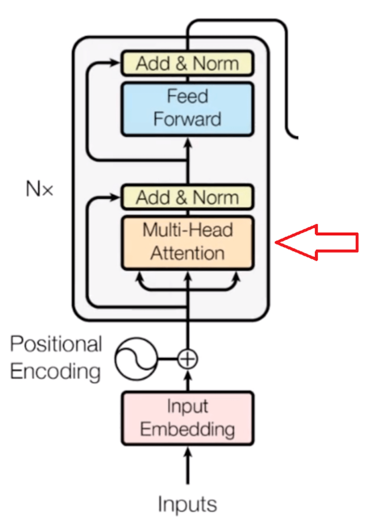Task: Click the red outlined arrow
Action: [318, 243]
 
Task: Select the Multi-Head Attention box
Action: [187, 243]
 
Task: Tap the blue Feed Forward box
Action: [187, 108]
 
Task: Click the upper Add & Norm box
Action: [187, 64]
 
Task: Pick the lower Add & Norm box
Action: [187, 197]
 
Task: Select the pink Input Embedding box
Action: [187, 418]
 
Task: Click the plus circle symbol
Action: [187, 359]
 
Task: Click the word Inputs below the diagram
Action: [187, 504]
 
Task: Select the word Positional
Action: [56, 344]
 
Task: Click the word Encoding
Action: [55, 371]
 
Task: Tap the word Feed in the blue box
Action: [187, 97]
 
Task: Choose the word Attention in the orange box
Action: [187, 253]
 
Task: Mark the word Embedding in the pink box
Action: [187, 429]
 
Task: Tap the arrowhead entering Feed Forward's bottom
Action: [187, 142]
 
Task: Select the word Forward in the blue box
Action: [187, 119]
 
